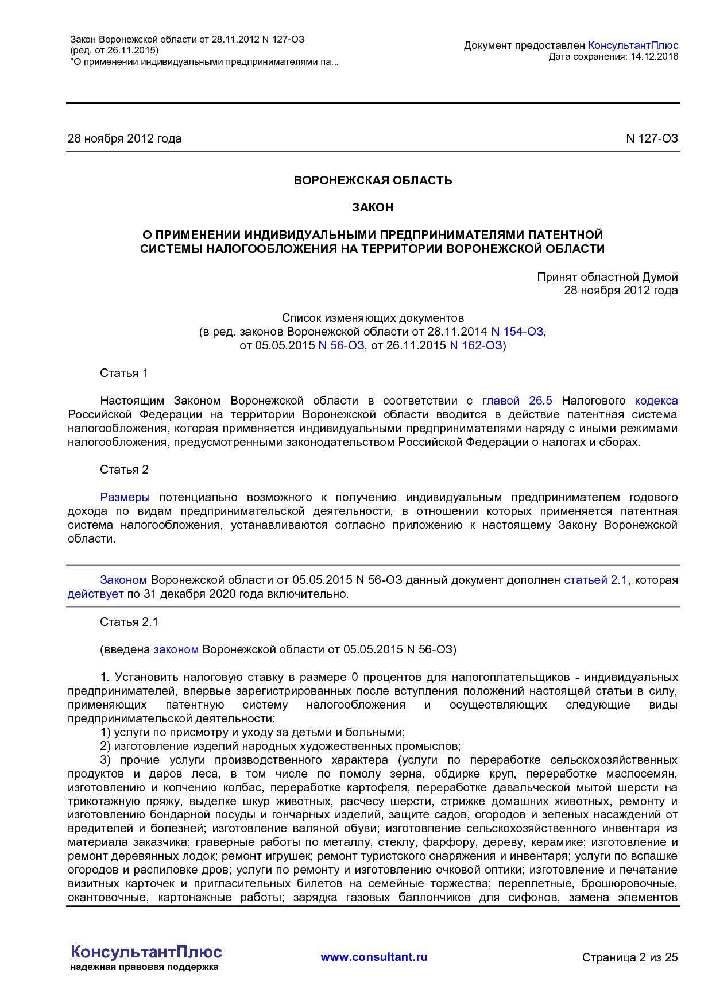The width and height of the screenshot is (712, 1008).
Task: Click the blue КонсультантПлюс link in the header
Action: tap(633, 45)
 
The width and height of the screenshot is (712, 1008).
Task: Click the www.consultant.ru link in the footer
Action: tap(374, 957)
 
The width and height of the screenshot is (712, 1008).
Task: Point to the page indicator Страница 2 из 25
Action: tap(630, 957)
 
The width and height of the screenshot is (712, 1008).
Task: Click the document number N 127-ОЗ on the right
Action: tap(652, 138)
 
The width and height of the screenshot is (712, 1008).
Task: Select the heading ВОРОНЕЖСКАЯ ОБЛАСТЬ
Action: tap(373, 180)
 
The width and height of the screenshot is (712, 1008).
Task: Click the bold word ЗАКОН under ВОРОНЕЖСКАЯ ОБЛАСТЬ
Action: tap(373, 207)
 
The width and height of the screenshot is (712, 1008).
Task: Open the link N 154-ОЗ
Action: tap(517, 332)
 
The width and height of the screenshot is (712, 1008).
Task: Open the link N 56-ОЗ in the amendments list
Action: tap(341, 345)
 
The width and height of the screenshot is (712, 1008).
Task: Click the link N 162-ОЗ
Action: tap(476, 345)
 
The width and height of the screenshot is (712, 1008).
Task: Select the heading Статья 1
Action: tap(124, 373)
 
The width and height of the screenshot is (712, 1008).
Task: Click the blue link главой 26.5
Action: tap(517, 401)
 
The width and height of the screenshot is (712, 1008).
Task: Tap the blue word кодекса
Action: tap(656, 401)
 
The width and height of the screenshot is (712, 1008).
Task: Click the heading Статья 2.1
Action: tap(129, 622)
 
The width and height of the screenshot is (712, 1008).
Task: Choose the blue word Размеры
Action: tap(125, 497)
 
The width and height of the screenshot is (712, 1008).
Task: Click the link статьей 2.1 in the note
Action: tap(595, 580)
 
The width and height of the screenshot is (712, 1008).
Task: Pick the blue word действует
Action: tap(95, 594)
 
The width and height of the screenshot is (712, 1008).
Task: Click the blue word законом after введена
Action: tap(176, 649)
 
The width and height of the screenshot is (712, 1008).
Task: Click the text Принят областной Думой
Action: tap(607, 277)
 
